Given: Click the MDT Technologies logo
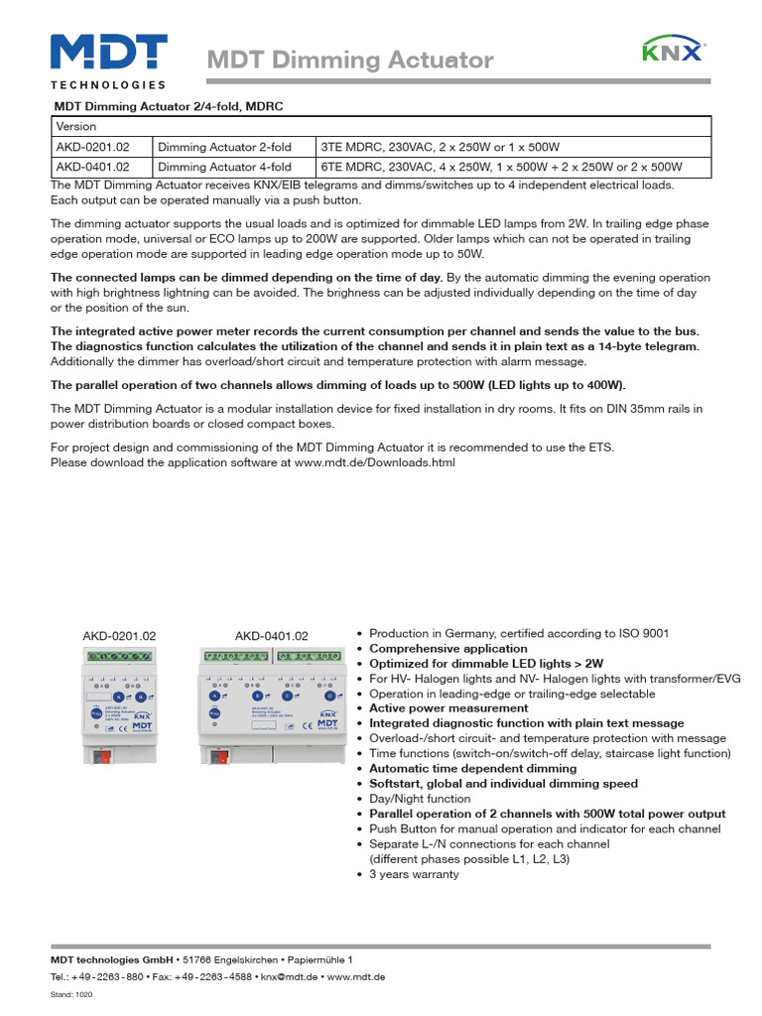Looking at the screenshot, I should [x=108, y=60].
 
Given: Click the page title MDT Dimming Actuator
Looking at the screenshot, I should [x=349, y=61].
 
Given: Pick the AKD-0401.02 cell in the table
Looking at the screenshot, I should [x=99, y=167].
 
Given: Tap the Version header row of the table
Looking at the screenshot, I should [x=380, y=127].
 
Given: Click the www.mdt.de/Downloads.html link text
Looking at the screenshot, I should [x=375, y=462].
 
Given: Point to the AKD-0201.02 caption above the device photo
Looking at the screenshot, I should [x=118, y=636].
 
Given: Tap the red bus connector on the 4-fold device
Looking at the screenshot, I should [x=219, y=758].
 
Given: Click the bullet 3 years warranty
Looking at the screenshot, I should [x=414, y=874].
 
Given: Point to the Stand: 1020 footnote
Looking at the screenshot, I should [x=69, y=995].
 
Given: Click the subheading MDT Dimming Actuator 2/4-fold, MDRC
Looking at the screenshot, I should [x=169, y=105].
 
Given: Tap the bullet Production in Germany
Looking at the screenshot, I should [x=519, y=633].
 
